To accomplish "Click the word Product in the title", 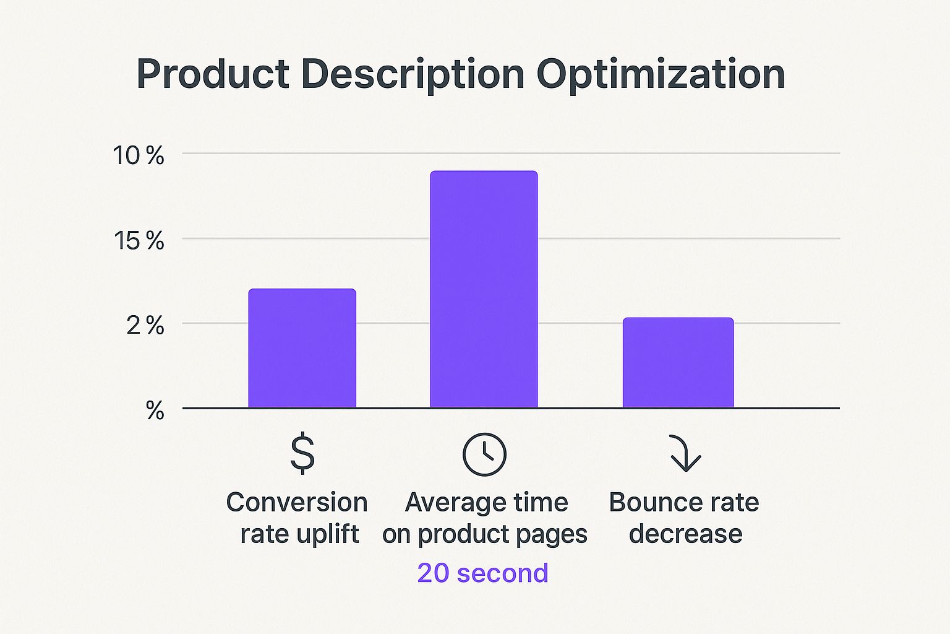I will (x=213, y=74).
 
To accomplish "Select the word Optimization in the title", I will (x=661, y=74).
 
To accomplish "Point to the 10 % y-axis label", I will (x=138, y=155).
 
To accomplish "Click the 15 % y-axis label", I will (x=138, y=240).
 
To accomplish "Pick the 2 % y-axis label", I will (x=145, y=326).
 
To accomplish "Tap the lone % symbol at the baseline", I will (x=155, y=410).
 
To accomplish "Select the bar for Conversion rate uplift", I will (x=302, y=348).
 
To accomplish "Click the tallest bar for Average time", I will (x=484, y=289).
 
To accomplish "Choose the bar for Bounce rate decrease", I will (x=678, y=362).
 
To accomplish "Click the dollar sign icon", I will (x=302, y=454).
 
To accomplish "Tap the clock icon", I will (x=484, y=454).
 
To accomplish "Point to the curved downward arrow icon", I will (x=684, y=454).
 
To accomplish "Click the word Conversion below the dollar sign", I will (x=297, y=502).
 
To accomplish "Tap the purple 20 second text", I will (x=482, y=573).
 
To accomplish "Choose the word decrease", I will (x=685, y=534).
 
